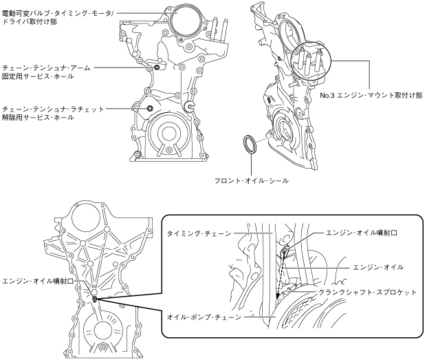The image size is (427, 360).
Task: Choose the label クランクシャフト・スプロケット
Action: (x=367, y=293)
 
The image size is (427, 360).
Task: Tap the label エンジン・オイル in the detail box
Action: (x=377, y=266)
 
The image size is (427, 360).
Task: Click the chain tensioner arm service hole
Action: (x=157, y=67)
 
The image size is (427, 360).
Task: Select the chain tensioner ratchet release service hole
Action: (x=150, y=109)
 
